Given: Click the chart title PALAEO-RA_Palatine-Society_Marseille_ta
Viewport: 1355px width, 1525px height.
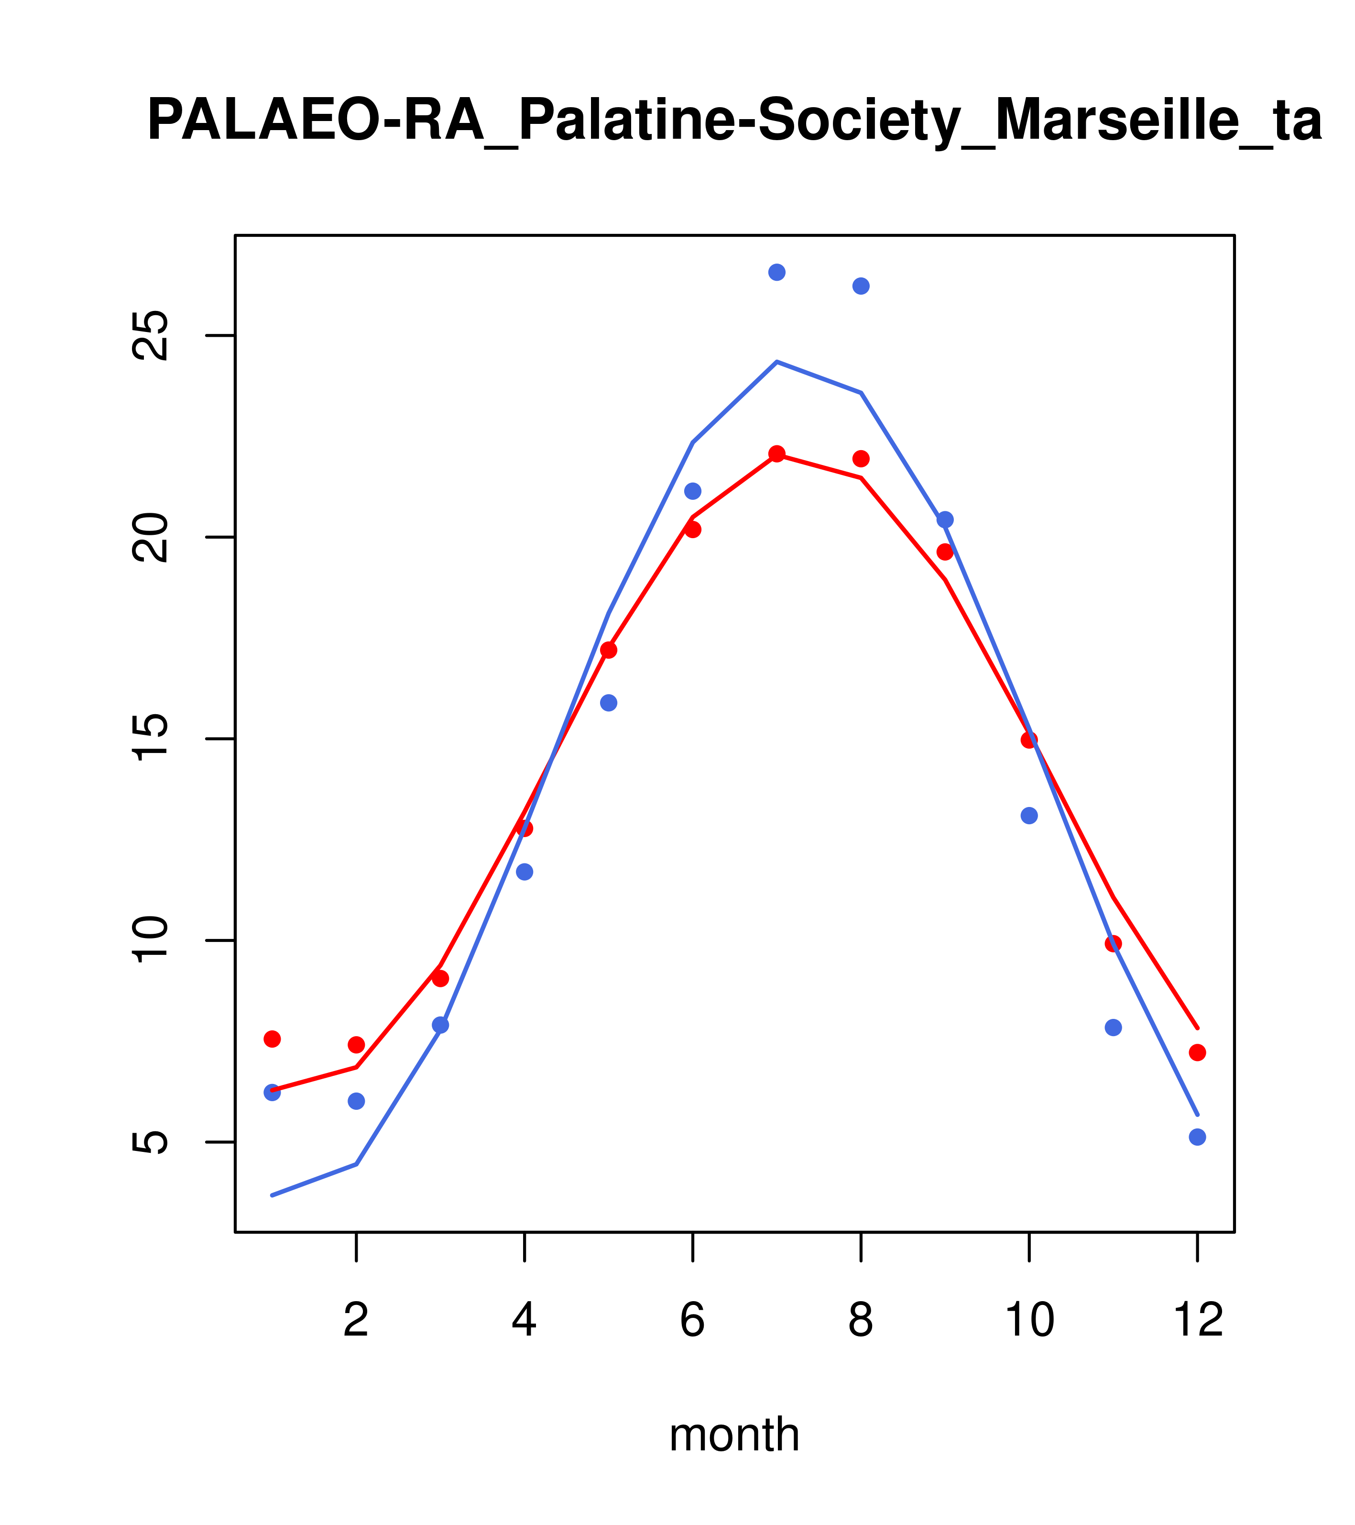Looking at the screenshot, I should click(x=734, y=121).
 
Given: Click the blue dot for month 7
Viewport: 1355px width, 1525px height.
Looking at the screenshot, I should click(x=777, y=272).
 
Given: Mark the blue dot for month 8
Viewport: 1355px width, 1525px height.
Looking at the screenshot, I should click(x=861, y=287).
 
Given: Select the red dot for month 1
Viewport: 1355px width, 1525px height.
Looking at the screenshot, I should click(x=272, y=1039).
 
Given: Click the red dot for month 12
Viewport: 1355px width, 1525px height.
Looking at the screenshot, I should click(x=1198, y=1053).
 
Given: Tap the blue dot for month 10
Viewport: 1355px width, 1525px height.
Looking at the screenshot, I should click(x=1029, y=816).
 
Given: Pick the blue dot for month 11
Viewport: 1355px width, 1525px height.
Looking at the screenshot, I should click(x=1114, y=1028).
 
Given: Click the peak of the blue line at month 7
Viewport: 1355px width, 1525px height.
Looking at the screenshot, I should click(x=777, y=362).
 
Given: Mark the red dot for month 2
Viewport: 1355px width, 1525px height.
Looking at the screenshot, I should click(x=357, y=1045).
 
